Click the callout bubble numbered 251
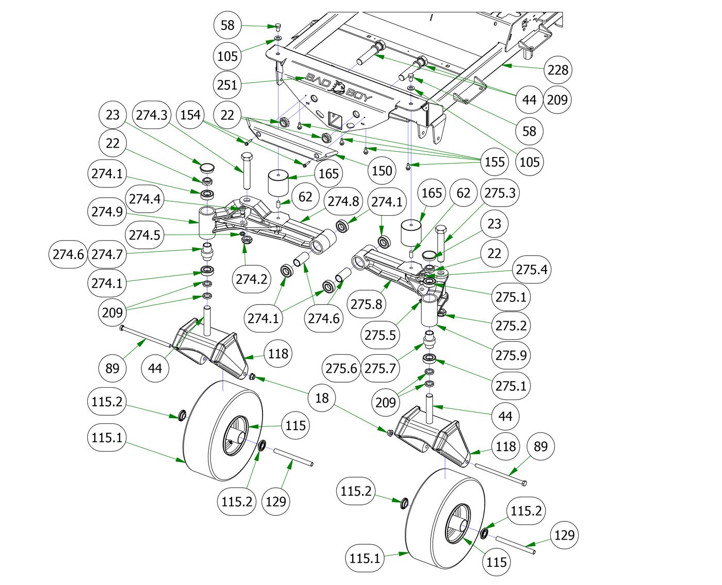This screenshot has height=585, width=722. tap(227, 85)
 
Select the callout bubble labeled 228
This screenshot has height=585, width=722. tap(558, 70)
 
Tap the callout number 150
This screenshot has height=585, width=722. tap(382, 170)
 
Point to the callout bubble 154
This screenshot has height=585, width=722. tap(190, 115)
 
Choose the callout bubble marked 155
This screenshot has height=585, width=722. tap(495, 162)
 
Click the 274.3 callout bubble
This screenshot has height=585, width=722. tap(152, 115)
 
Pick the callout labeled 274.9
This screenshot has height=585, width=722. tap(107, 212)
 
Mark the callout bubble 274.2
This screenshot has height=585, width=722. tap(252, 279)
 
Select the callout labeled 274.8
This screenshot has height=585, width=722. tap(343, 201)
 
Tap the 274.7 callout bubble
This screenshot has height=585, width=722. tap(107, 254)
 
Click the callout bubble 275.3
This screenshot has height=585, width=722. tap(500, 193)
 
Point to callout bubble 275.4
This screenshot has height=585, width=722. tap(532, 270)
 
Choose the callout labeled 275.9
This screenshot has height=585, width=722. tap(511, 355)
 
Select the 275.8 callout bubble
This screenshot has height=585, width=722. tap(367, 304)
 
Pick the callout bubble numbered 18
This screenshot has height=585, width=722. tap(322, 398)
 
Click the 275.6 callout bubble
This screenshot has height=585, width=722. tap(341, 368)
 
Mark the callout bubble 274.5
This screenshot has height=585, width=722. tap(145, 235)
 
